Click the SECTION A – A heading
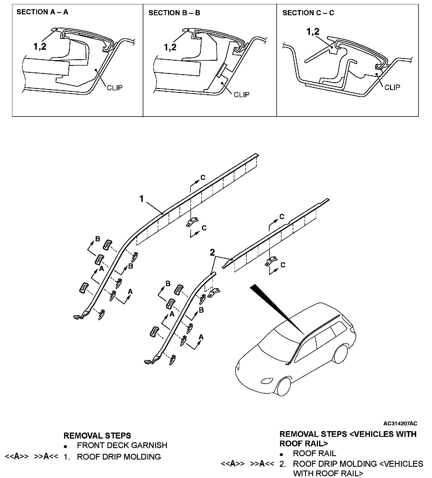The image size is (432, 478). tap(42, 12)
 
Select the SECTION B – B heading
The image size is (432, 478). tap(174, 13)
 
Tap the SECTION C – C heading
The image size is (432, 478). tap(308, 13)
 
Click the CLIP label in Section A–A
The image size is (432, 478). tap(115, 87)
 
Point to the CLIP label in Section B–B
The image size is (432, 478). tap(242, 95)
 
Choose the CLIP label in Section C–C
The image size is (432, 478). tap(392, 87)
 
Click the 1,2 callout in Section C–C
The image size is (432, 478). tap(313, 32)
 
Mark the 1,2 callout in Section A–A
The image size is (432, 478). tap(40, 47)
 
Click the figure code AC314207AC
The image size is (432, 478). tap(400, 423)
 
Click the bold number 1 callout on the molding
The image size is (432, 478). tap(141, 199)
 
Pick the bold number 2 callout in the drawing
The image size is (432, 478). tap(212, 253)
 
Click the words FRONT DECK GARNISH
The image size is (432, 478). tap(122, 446)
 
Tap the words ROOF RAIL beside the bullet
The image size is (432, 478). tap(314, 454)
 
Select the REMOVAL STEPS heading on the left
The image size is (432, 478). tap(97, 436)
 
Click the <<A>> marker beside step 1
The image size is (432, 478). tap(17, 456)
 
